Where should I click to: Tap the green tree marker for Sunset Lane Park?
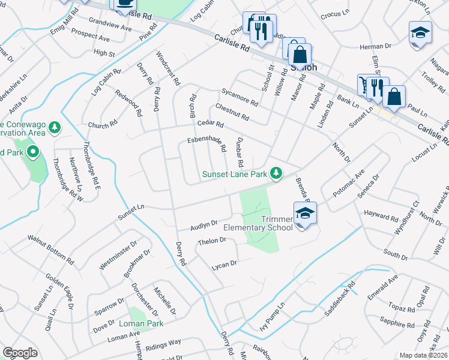[276, 173]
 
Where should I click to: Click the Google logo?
[20, 353]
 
